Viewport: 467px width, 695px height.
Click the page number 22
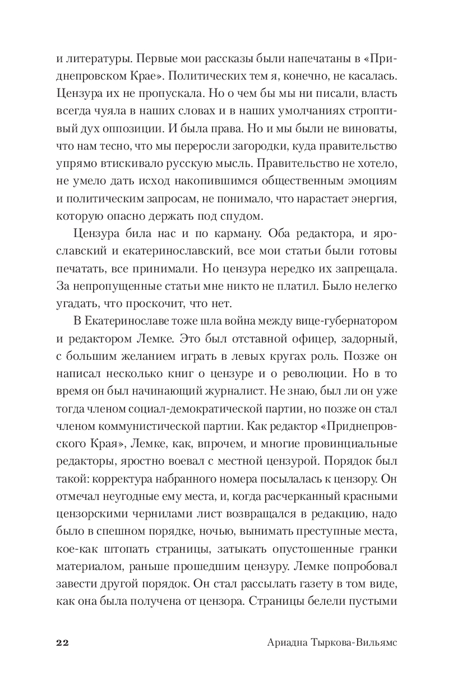pos(62,642)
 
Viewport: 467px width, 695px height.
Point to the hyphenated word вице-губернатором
pos(347,321)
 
